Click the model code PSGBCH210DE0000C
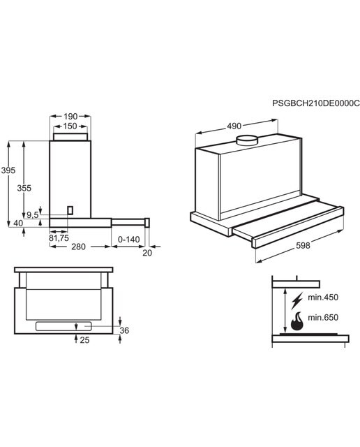click(x=316, y=103)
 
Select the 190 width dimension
click(x=70, y=117)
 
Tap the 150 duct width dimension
click(x=70, y=126)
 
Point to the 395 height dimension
click(x=8, y=170)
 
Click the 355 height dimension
click(x=24, y=188)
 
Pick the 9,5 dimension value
click(x=32, y=215)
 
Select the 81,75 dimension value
click(x=59, y=237)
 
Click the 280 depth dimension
click(x=78, y=247)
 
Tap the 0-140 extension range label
click(x=129, y=240)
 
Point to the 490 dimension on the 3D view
click(x=234, y=126)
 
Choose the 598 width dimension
click(x=303, y=245)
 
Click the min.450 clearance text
click(x=323, y=298)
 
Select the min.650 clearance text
click(x=323, y=317)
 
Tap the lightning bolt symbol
click(x=297, y=301)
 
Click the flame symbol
click(x=297, y=321)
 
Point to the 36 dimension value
click(x=124, y=330)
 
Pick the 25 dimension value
click(x=84, y=340)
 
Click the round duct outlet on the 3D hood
click(x=247, y=140)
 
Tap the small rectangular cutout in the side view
click(x=70, y=210)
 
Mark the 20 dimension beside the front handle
click(x=147, y=253)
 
